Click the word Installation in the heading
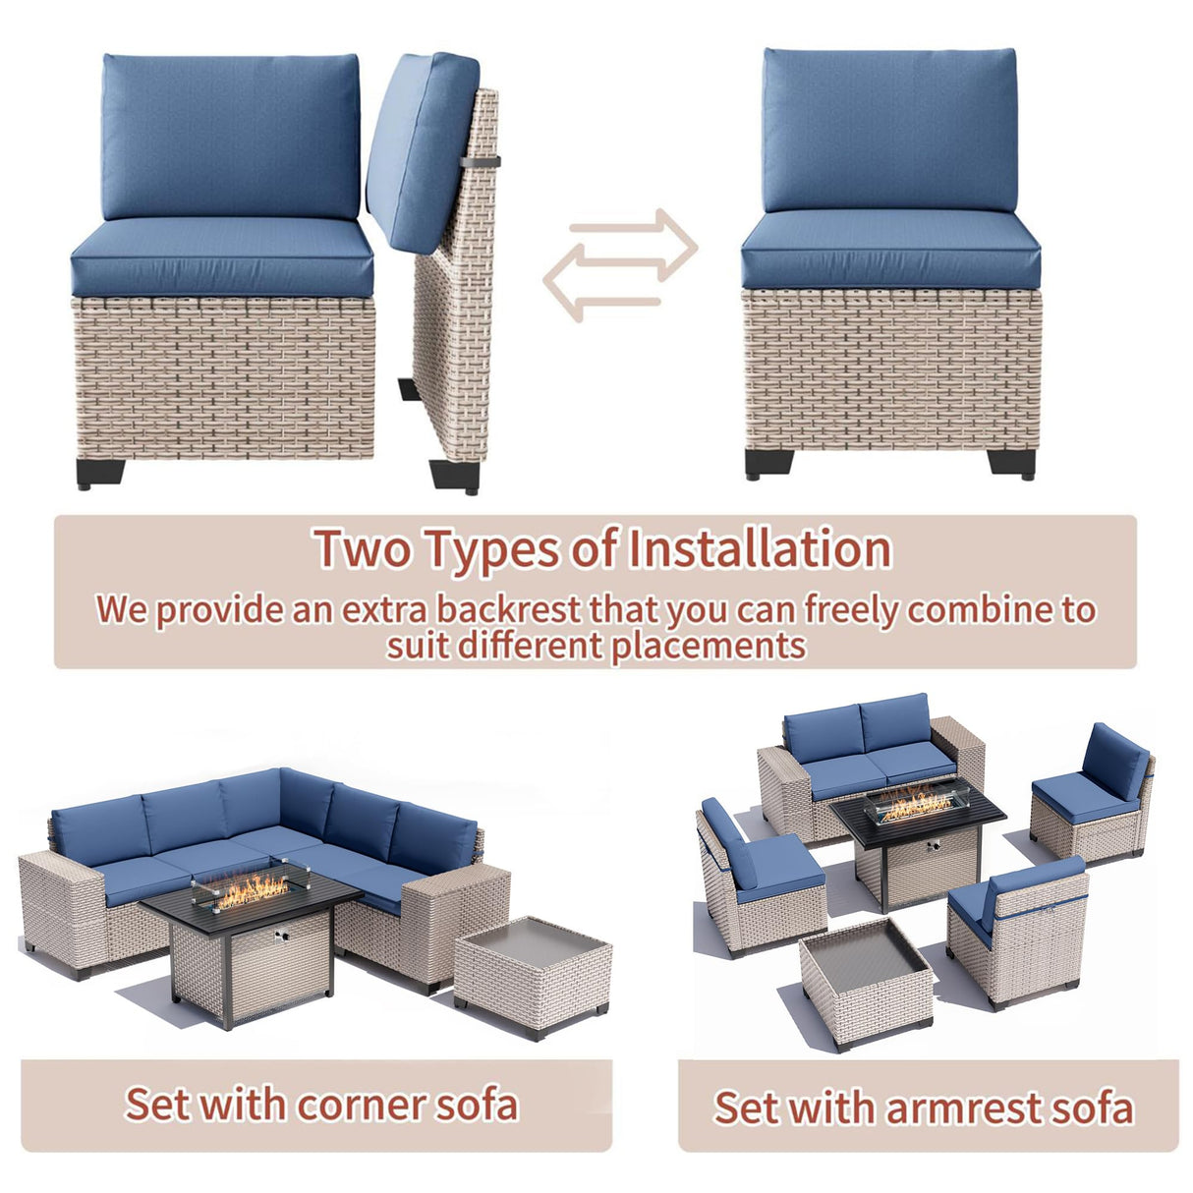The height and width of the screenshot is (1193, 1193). pyautogui.click(x=759, y=548)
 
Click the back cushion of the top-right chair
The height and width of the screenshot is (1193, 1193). pyautogui.click(x=889, y=130)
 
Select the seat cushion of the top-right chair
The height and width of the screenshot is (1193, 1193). pyautogui.click(x=889, y=253)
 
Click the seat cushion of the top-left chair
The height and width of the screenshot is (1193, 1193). pyautogui.click(x=222, y=256)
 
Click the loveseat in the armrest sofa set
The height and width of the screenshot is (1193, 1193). pyautogui.click(x=869, y=757)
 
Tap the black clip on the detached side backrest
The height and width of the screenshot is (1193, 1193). pyautogui.click(x=482, y=160)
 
